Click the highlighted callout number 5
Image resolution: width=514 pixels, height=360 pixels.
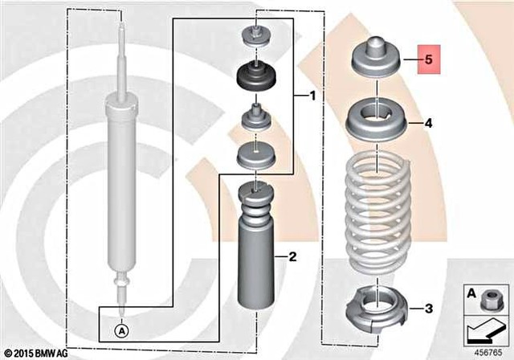(428, 59)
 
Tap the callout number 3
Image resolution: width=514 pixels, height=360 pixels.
(428, 308)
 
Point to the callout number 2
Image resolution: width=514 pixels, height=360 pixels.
(292, 257)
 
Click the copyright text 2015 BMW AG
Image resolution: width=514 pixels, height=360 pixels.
(35, 353)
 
